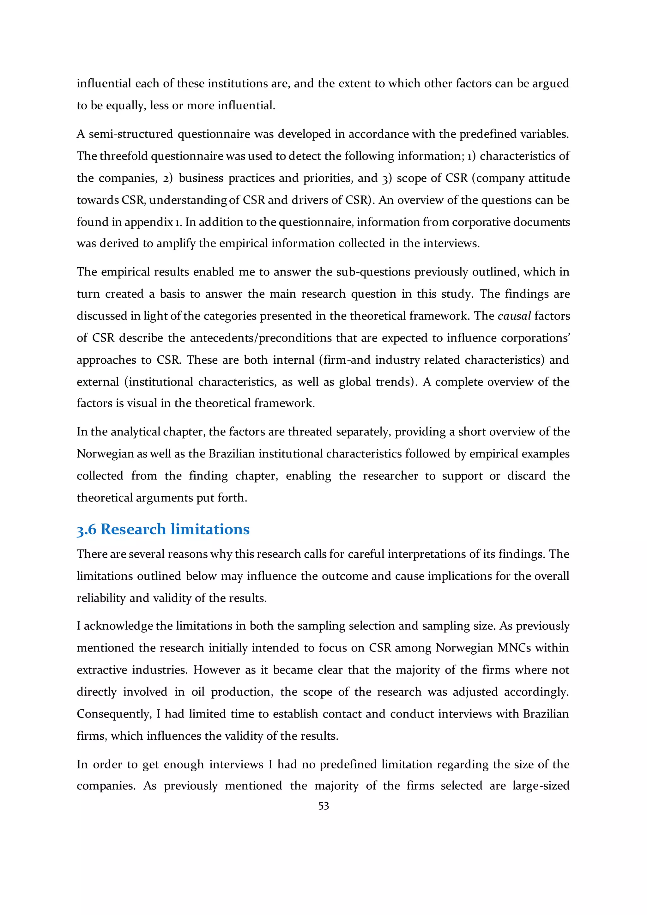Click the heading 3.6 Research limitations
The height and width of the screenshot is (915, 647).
tap(163, 529)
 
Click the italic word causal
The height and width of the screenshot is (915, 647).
tap(514, 316)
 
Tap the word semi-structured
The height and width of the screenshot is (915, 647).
tap(131, 134)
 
